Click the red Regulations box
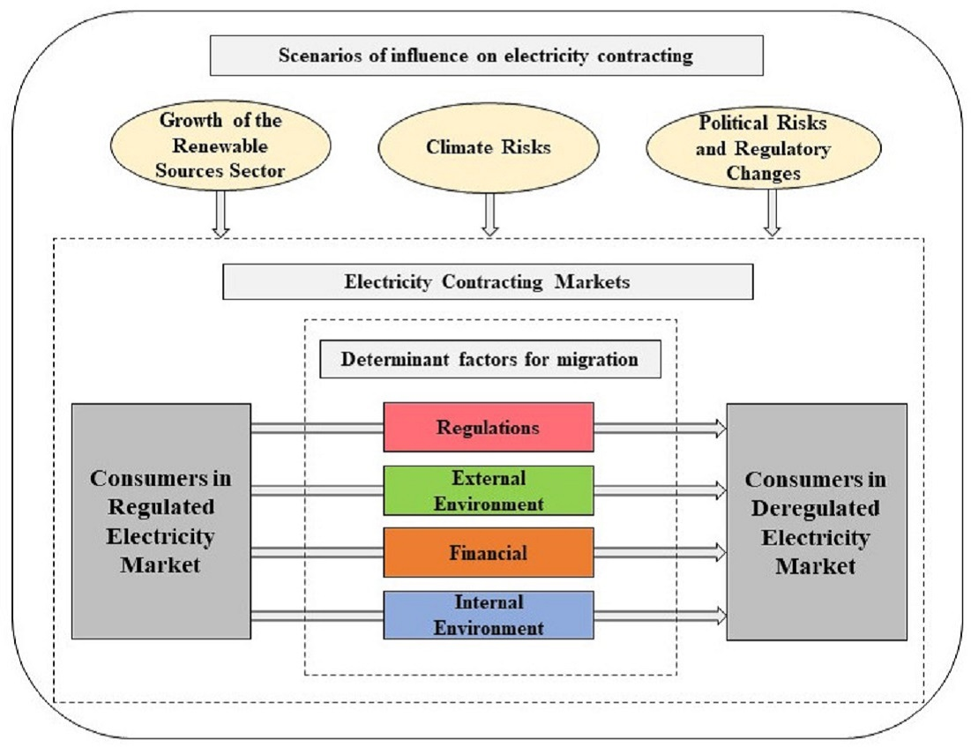[488, 428]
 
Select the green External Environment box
[488, 490]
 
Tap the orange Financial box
[488, 553]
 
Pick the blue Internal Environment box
[488, 615]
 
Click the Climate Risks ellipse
[488, 146]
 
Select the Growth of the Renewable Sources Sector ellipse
[220, 145]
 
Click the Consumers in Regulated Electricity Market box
[161, 520]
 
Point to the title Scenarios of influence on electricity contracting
[485, 56]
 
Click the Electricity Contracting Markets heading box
[488, 282]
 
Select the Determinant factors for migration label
[490, 360]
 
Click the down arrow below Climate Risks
[490, 213]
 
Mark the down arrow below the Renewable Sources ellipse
[220, 213]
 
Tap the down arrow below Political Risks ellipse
[773, 213]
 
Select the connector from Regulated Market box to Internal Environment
[317, 615]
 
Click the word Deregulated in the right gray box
[816, 509]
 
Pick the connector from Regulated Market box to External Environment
[317, 490]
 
